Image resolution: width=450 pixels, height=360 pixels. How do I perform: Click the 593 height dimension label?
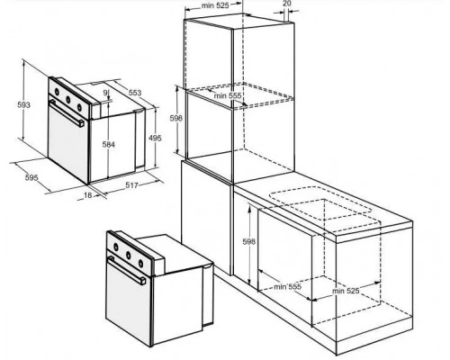tap(23, 104)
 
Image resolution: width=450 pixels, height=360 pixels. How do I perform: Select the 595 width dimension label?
tap(31, 177)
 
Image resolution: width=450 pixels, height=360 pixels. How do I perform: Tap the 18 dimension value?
tap(87, 195)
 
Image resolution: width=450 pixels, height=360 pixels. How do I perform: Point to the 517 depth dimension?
tap(131, 185)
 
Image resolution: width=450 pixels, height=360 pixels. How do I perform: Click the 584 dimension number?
tap(108, 145)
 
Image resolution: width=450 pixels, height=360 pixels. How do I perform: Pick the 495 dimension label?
tap(155, 138)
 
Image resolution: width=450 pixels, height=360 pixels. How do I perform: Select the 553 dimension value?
tap(135, 93)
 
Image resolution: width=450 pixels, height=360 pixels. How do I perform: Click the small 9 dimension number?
tap(105, 93)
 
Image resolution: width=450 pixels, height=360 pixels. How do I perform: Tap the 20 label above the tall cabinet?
tap(287, 4)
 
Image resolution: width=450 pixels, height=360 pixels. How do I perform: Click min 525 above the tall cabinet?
tap(215, 5)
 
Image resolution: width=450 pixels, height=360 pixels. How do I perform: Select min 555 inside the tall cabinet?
tap(228, 95)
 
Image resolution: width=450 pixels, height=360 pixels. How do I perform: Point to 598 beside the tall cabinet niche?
tap(176, 118)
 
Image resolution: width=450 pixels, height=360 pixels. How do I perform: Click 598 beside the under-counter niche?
tap(249, 241)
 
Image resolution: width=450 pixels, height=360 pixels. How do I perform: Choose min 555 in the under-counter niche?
tap(287, 287)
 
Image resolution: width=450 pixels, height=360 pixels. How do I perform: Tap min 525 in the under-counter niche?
tap(346, 291)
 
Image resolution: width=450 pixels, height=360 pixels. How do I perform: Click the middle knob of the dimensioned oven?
tap(68, 99)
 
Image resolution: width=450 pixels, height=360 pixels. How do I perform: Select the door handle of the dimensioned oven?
tap(67, 113)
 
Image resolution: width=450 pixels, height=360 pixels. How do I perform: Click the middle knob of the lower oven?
tap(129, 256)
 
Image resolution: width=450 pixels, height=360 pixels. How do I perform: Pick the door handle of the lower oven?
tap(127, 270)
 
